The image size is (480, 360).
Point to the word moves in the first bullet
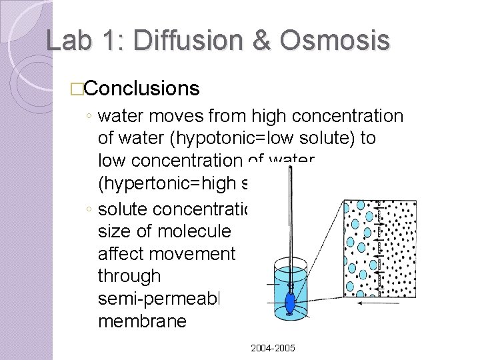(167, 117)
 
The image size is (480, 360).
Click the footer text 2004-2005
(273, 349)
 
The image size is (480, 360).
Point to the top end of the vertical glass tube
(289, 169)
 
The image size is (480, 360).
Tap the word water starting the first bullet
(120, 117)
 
